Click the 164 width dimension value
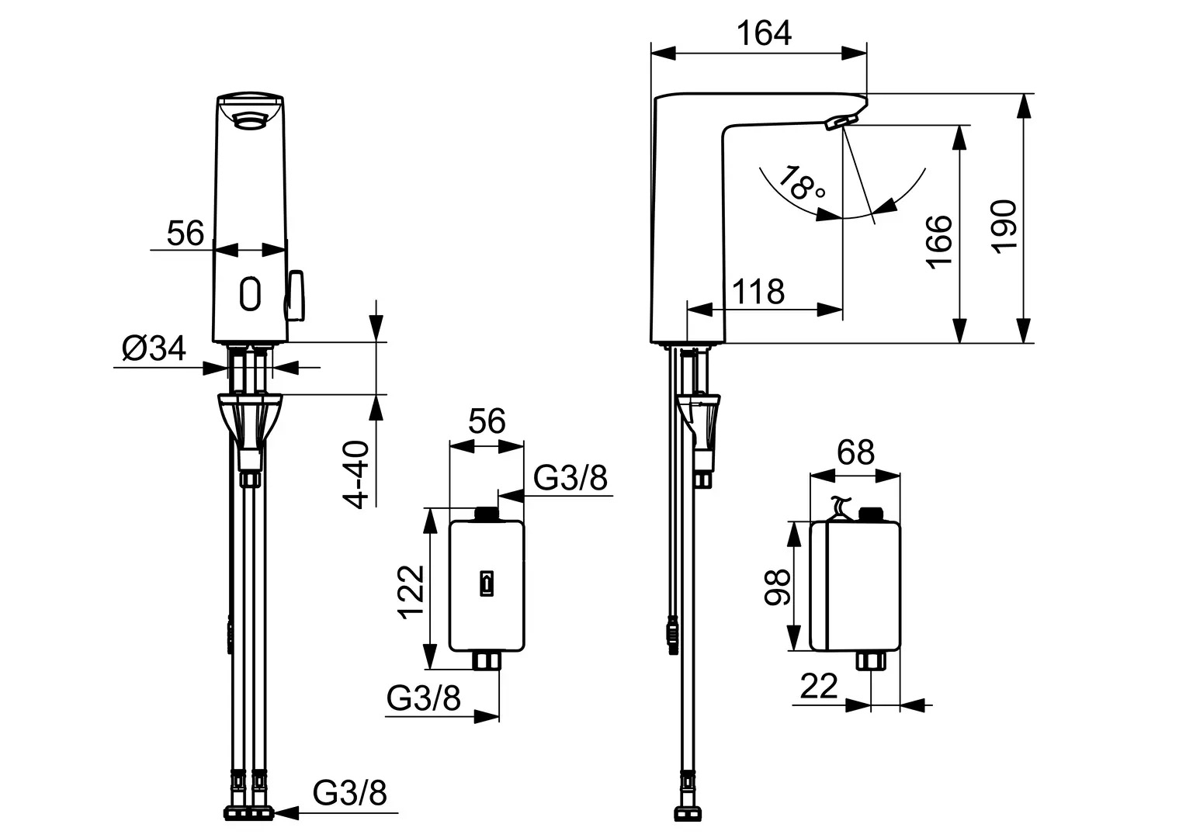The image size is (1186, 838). coord(764,33)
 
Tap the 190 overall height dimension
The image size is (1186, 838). coord(1005,226)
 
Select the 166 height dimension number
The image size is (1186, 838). coord(938,241)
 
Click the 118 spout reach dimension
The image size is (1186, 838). coord(758,292)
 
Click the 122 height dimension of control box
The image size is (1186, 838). coord(412,591)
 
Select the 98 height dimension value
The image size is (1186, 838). coord(776,587)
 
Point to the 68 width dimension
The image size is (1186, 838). coord(855,451)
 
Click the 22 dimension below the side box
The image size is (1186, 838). coord(820,686)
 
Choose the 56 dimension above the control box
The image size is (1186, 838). coord(486,421)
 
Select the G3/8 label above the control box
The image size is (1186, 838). coord(570,479)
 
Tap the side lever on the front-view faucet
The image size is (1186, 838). coord(297,295)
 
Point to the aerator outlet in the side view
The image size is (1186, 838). coord(840,123)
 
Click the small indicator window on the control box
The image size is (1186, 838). coord(487,583)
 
